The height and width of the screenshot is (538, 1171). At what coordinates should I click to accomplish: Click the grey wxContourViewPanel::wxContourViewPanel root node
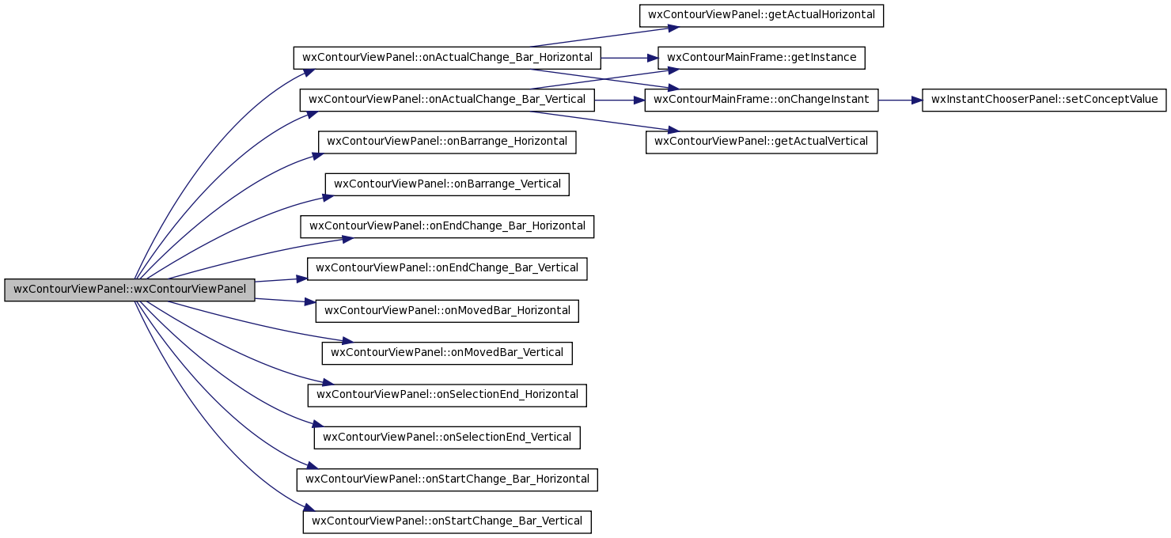pos(130,290)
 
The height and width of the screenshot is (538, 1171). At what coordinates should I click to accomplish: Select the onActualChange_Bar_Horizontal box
pos(447,58)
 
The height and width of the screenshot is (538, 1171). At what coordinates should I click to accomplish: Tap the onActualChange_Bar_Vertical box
pos(447,100)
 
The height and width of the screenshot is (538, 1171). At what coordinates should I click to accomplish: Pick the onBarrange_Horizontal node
pos(447,142)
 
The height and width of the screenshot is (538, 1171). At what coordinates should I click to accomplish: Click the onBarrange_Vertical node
pos(447,184)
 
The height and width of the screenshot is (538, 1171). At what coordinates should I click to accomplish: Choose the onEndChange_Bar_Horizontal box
pos(447,226)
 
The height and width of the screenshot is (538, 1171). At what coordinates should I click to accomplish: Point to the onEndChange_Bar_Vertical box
pos(447,269)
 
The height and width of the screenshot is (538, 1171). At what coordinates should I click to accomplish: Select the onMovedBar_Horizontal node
pos(447,311)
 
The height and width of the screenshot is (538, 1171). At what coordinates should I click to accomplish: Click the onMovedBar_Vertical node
pos(447,353)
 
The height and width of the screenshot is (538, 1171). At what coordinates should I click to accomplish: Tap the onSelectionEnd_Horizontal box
pos(447,396)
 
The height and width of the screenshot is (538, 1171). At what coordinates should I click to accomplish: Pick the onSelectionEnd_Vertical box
pos(447,438)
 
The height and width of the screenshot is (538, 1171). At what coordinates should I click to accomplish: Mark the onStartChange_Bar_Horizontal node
pos(447,479)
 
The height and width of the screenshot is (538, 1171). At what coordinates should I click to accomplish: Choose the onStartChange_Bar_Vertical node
pos(447,522)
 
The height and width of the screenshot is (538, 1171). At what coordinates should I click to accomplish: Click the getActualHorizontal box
pos(761,16)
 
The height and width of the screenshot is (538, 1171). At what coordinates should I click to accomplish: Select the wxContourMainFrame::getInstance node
pos(761,58)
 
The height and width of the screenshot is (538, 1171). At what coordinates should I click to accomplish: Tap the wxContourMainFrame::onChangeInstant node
pos(761,100)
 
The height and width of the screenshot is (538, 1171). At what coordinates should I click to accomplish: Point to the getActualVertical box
pos(761,142)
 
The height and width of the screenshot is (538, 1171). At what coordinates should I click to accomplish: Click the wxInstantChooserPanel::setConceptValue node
pos(1044,100)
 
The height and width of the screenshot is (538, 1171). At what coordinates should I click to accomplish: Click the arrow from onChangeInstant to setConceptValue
pos(900,100)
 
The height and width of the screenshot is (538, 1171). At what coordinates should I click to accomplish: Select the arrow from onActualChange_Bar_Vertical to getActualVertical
pos(604,121)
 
